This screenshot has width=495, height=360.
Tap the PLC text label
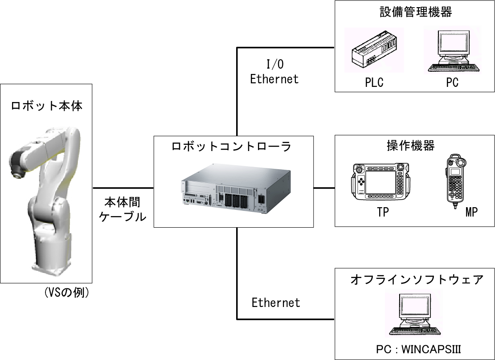(374, 83)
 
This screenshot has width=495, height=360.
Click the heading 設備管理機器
(415, 12)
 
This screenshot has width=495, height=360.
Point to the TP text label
(382, 213)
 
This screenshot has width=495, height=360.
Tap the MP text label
(471, 213)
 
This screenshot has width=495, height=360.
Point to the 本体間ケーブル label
(122, 209)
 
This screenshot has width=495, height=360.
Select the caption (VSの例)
(67, 293)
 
